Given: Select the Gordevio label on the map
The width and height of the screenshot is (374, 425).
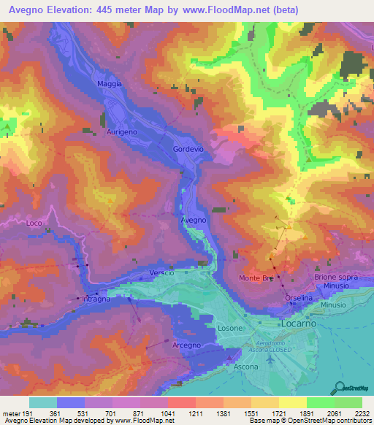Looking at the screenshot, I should [188, 149].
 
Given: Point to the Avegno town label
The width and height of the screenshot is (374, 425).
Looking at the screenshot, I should [194, 219].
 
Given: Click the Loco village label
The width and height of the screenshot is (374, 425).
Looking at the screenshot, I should [34, 222].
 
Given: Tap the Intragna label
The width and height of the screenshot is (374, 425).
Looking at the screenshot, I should [96, 299].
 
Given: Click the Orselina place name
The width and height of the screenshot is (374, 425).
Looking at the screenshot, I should [299, 298].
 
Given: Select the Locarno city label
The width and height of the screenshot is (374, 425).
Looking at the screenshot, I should [297, 321].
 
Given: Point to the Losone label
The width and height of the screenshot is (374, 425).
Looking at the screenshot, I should [230, 329].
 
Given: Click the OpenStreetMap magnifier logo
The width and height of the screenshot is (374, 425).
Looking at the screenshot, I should [338, 386].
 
